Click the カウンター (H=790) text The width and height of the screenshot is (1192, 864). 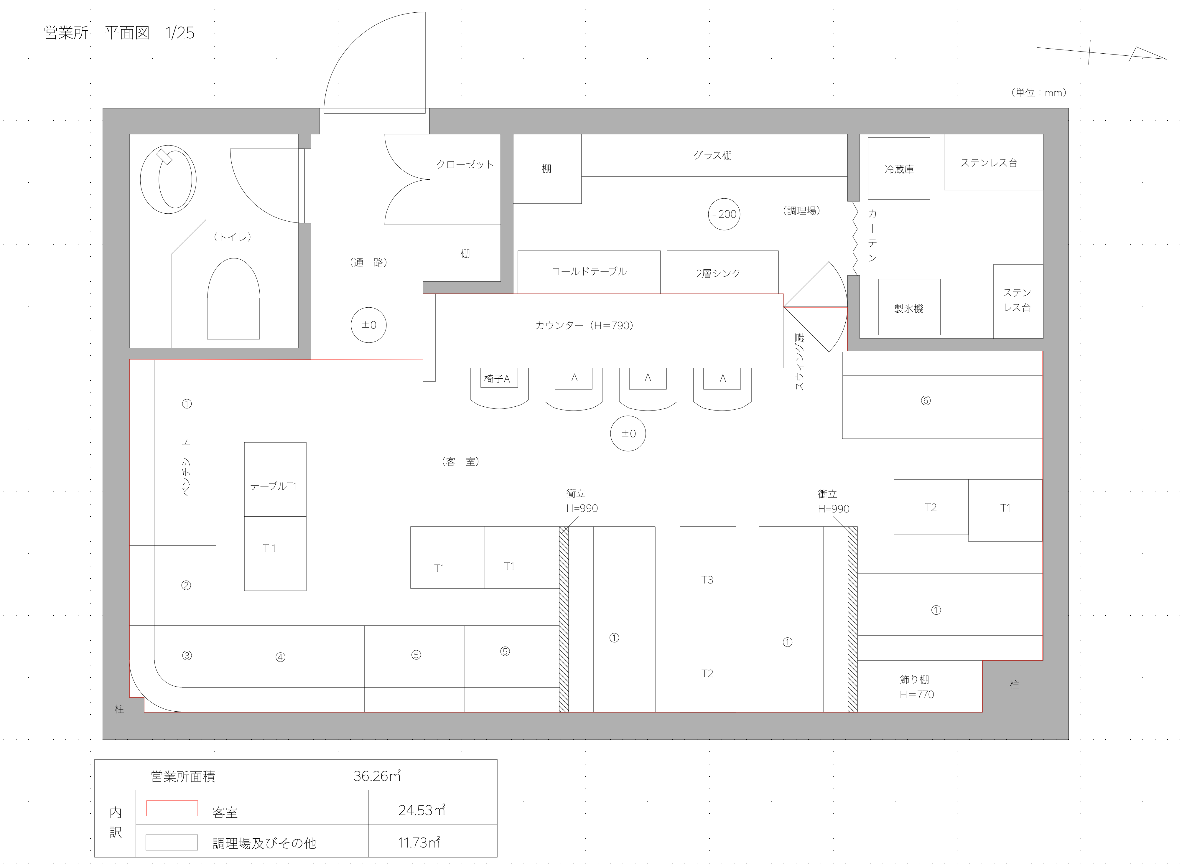[585, 325]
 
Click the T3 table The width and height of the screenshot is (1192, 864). [707, 581]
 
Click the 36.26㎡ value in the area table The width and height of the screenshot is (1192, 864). [377, 776]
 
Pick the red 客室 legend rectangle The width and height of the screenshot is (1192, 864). [172, 808]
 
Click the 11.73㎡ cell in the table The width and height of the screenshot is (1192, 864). [419, 843]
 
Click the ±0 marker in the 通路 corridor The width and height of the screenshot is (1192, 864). [368, 325]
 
